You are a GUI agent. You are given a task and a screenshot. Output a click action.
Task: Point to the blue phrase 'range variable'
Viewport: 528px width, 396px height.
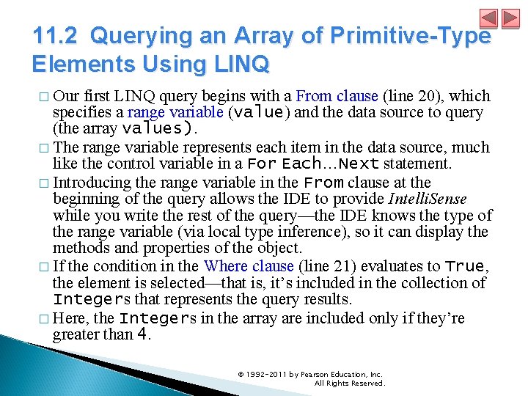pos(175,112)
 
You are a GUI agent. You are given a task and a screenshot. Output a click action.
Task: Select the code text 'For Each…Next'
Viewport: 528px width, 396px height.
pos(313,164)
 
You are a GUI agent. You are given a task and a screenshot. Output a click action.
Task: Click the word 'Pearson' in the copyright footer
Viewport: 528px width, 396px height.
pos(311,374)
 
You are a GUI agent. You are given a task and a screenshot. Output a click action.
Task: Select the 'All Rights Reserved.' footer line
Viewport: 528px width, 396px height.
pos(349,383)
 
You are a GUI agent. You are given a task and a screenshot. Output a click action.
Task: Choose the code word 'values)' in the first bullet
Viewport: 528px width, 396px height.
pos(161,128)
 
